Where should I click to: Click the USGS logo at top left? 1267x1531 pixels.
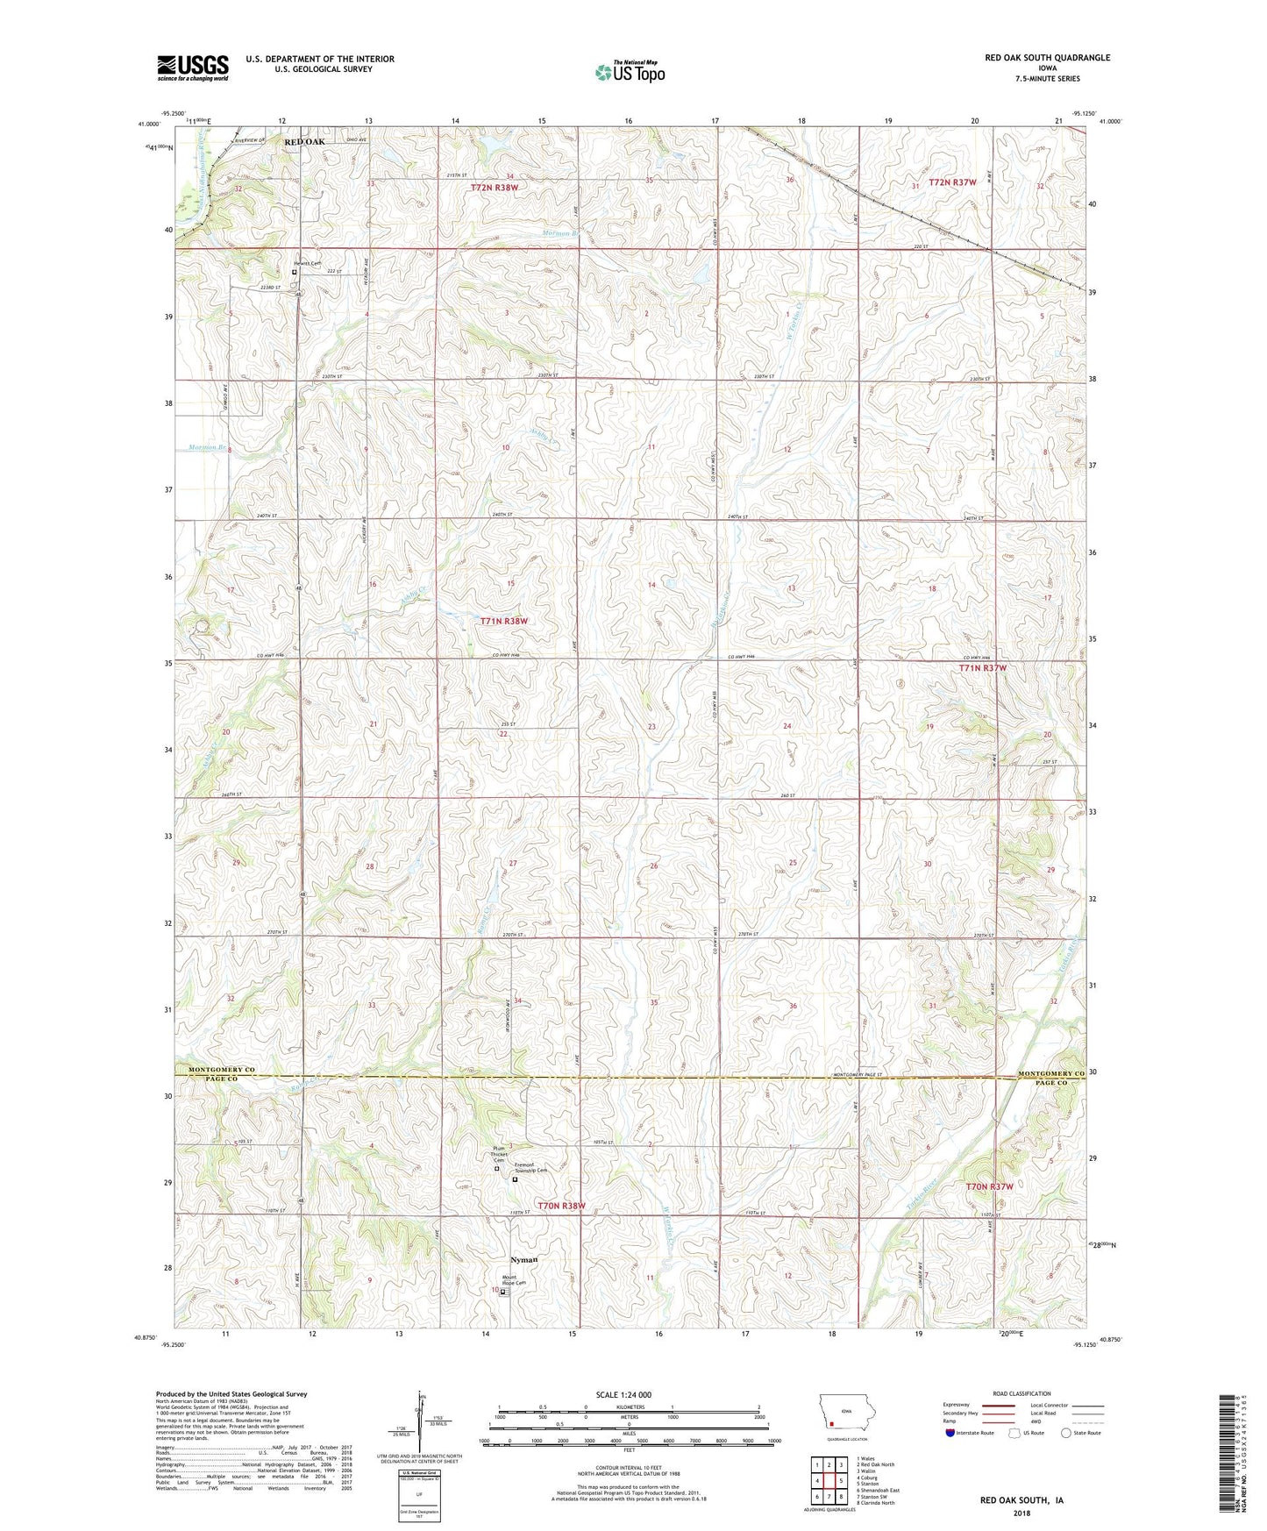click(192, 68)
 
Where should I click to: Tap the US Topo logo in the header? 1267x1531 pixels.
click(630, 72)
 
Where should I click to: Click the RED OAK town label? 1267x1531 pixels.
click(303, 142)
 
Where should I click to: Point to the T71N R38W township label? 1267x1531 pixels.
click(505, 621)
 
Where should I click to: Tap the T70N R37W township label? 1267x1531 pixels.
click(989, 1186)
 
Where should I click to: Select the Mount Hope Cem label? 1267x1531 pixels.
click(514, 1280)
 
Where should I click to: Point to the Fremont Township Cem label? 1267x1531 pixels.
click(530, 1170)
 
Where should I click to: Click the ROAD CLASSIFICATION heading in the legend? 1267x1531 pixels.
click(1021, 1393)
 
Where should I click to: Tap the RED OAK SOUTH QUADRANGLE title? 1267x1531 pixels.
click(1047, 58)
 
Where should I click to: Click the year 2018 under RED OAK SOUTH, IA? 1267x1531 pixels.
click(1021, 1513)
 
